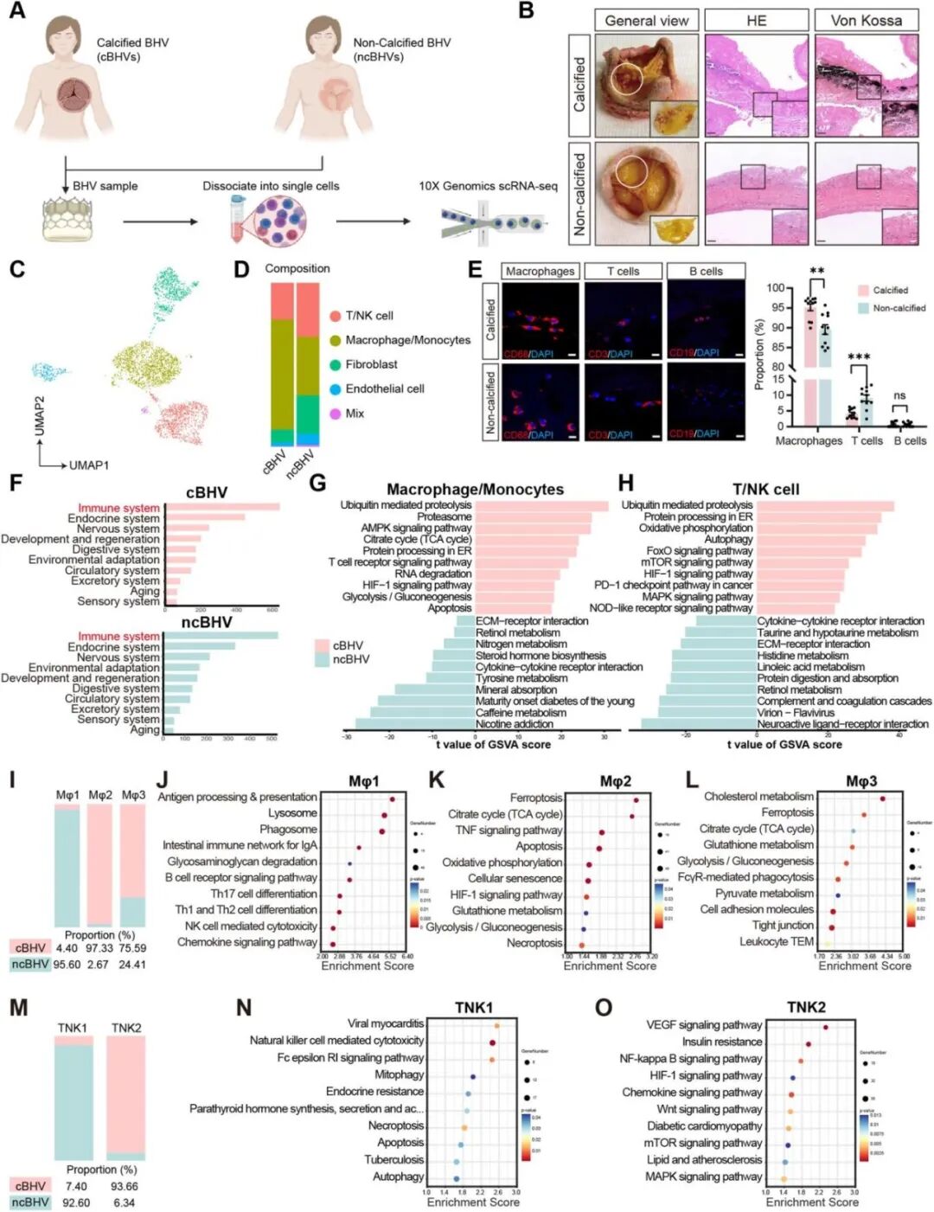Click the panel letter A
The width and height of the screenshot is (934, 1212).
[x=16, y=13]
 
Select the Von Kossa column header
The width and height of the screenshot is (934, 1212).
[x=866, y=21]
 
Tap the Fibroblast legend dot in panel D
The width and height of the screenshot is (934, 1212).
[x=335, y=365]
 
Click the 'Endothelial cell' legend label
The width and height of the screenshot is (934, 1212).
[x=385, y=389]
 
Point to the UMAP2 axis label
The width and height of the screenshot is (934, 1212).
[x=39, y=416]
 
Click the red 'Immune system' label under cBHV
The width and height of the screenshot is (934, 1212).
[x=118, y=508]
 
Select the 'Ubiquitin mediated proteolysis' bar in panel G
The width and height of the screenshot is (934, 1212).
[x=541, y=505]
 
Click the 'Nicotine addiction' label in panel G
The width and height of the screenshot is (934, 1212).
[x=515, y=724]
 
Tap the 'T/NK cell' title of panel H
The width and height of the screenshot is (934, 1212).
[x=765, y=489]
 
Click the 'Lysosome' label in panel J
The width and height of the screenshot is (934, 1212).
[x=292, y=813]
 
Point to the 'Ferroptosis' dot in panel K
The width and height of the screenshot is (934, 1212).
[x=636, y=799]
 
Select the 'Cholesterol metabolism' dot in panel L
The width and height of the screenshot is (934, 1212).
[x=882, y=798]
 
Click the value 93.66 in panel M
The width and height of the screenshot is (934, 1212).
[x=125, y=1186]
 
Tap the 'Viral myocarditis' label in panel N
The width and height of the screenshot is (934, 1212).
[x=386, y=1023]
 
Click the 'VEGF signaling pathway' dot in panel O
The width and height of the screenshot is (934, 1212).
[x=826, y=1028]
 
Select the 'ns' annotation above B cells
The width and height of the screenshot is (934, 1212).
[x=899, y=395]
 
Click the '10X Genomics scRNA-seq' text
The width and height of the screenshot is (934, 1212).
[x=488, y=186]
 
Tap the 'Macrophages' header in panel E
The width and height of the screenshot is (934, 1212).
[x=540, y=271]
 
